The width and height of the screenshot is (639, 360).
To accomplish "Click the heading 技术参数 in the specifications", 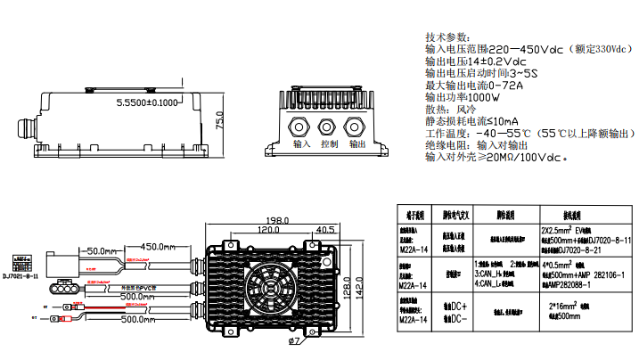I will tap(446, 37).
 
